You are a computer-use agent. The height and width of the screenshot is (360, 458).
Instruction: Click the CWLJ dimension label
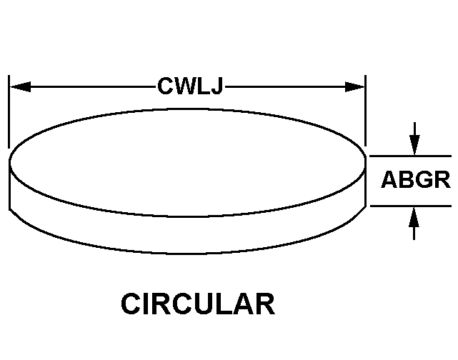point(191,86)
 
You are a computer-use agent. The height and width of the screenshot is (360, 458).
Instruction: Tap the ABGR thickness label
point(416,179)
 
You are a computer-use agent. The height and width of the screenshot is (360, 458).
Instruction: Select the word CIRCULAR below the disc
point(198,304)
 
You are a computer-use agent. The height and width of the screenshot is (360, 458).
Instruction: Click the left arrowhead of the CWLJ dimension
point(20,86)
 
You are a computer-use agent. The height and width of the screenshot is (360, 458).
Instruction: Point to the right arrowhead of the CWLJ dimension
point(354,86)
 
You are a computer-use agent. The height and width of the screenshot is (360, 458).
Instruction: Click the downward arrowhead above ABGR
point(414,145)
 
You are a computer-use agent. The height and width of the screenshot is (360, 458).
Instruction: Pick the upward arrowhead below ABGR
point(414,217)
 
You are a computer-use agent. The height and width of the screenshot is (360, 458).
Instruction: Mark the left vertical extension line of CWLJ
point(9,111)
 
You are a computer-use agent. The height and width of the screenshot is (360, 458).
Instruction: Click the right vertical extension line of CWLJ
point(365,111)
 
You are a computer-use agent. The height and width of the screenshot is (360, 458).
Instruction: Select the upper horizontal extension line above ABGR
point(411,156)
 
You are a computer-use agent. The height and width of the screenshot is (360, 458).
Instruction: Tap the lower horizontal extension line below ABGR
point(411,206)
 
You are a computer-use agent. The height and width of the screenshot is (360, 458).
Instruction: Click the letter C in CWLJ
point(165,86)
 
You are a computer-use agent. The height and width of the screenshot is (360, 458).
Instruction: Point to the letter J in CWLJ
point(218,86)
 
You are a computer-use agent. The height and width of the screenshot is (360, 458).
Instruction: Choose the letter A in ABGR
point(389,179)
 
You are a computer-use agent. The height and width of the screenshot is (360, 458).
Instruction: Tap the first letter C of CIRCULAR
point(130,304)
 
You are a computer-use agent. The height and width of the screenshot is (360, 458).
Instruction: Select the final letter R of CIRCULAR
point(266,304)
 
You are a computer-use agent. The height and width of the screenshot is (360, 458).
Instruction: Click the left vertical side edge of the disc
point(9,185)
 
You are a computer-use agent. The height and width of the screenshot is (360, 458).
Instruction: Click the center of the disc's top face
point(187,162)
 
